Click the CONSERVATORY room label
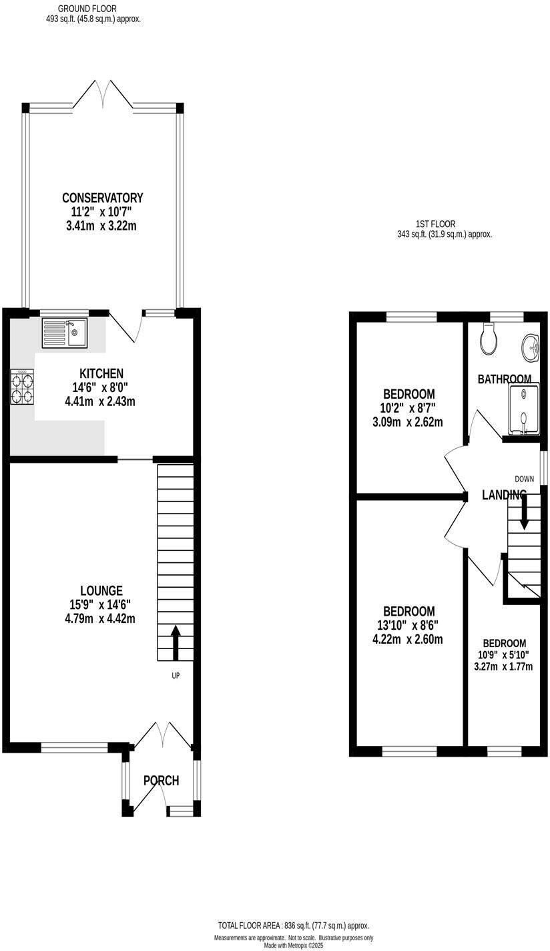pyautogui.click(x=102, y=198)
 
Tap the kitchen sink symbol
pyautogui.click(x=65, y=333)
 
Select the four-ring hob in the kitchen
pyautogui.click(x=22, y=388)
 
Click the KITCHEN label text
pyautogui.click(x=101, y=373)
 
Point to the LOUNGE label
pyautogui.click(x=101, y=590)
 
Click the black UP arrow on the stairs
pyautogui.click(x=176, y=642)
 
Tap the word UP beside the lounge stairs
pyautogui.click(x=176, y=675)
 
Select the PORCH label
pyautogui.click(x=161, y=780)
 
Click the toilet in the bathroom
pyautogui.click(x=489, y=340)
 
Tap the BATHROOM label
pyautogui.click(x=505, y=379)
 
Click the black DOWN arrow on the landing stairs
pyautogui.click(x=524, y=513)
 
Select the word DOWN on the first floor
pyautogui.click(x=524, y=479)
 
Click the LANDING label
pyautogui.click(x=504, y=495)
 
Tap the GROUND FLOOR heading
pyautogui.click(x=87, y=9)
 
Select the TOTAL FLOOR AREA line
pyautogui.click(x=293, y=926)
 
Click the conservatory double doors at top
pyautogui.click(x=103, y=95)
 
